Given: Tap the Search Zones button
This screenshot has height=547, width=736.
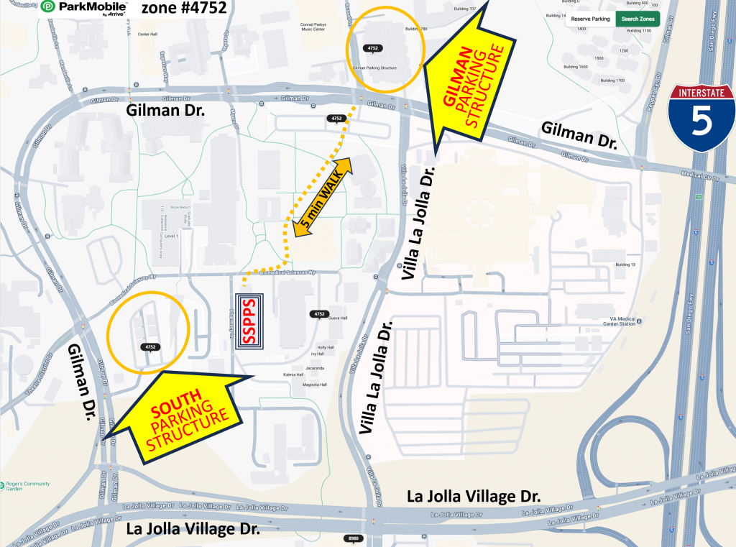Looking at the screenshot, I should [x=638, y=19].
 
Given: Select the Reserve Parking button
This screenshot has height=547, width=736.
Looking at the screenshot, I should [x=590, y=19].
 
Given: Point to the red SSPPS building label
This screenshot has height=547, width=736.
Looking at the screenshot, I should [x=252, y=321].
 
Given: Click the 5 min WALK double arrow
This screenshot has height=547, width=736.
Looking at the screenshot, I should [x=322, y=197].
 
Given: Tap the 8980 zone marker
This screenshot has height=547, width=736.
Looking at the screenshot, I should [x=353, y=538].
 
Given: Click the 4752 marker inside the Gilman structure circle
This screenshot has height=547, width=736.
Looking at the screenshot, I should [x=372, y=48].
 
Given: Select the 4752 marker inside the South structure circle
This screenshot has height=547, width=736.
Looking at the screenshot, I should [x=151, y=347].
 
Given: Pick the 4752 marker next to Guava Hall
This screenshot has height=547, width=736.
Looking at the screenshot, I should [x=319, y=314].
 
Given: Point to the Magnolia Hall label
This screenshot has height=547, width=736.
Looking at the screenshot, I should [x=314, y=385].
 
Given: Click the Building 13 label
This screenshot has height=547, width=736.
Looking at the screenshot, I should [x=625, y=265].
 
